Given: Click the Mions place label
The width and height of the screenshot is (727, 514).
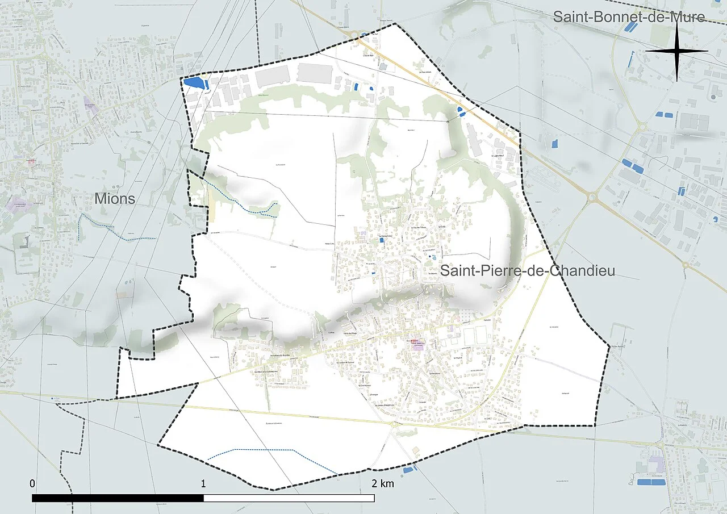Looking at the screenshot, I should click(x=115, y=198).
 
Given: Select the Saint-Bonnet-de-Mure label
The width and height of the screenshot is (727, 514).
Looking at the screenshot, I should click(x=629, y=17).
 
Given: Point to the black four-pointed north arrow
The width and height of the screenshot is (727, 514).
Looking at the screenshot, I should click(x=676, y=51).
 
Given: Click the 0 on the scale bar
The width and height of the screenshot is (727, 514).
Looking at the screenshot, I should click(x=33, y=484).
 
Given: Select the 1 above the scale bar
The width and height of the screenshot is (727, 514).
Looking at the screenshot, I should click(x=203, y=484).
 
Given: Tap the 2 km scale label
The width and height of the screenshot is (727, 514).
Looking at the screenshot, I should click(x=382, y=484).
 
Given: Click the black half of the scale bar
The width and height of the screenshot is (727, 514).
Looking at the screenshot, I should click(x=118, y=498).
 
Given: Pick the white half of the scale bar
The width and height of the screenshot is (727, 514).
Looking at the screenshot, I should click(x=289, y=498).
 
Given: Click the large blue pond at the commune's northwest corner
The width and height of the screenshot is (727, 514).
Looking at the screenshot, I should click(x=194, y=83).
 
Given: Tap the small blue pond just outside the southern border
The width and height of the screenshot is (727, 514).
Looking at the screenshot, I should click(x=407, y=470).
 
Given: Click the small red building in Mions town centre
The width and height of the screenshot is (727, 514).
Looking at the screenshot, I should click(x=32, y=161).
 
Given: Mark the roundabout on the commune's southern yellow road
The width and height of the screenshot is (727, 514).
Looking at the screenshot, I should click(x=394, y=424).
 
